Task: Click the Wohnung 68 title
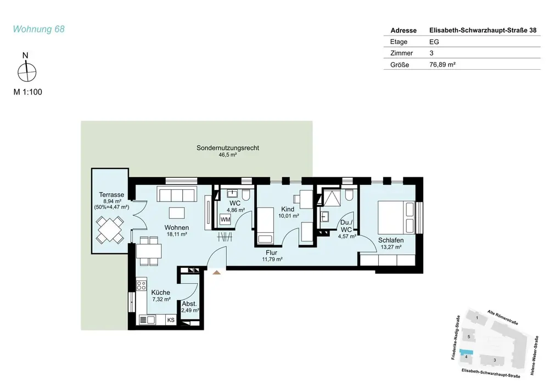38,29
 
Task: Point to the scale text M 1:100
27,92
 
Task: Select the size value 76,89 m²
442,64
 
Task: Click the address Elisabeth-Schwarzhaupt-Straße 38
483,30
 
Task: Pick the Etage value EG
434,42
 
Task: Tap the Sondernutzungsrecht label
228,148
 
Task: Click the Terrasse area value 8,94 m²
112,201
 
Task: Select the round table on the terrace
110,230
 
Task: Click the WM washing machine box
225,220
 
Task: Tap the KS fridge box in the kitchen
171,320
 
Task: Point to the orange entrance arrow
217,272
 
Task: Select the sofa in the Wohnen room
176,194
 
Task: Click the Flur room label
271,252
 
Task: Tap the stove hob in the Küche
142,285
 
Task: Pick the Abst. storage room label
189,304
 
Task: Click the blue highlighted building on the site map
466,352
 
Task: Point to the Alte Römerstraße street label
502,317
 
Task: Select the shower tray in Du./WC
331,198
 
